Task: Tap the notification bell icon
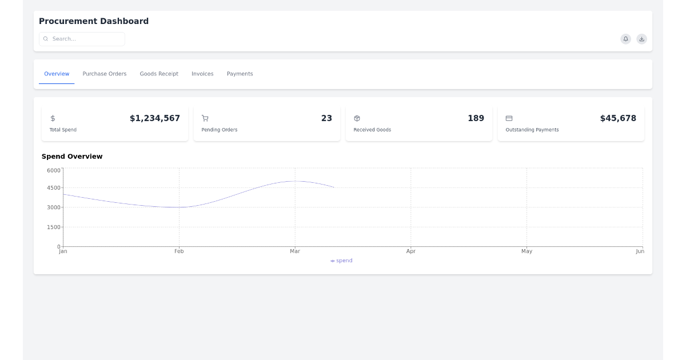tap(626, 39)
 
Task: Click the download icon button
tap(642, 39)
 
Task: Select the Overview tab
tap(57, 74)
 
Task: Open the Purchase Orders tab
tap(105, 74)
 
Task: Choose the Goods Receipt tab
tap(159, 74)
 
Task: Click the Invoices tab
tap(202, 74)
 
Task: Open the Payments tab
tap(240, 74)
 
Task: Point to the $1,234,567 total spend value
tap(155, 118)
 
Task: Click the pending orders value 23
tap(326, 118)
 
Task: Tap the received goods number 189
tap(476, 118)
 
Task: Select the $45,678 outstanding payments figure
tap(618, 118)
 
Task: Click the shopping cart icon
tap(205, 118)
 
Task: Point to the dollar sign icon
tap(53, 118)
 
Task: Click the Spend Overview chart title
tap(72, 157)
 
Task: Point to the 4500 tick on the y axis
tap(54, 187)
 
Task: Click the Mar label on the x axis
tap(295, 251)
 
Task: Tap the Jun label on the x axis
tap(640, 251)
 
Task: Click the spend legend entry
tap(342, 261)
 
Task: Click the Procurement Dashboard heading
tap(94, 21)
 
